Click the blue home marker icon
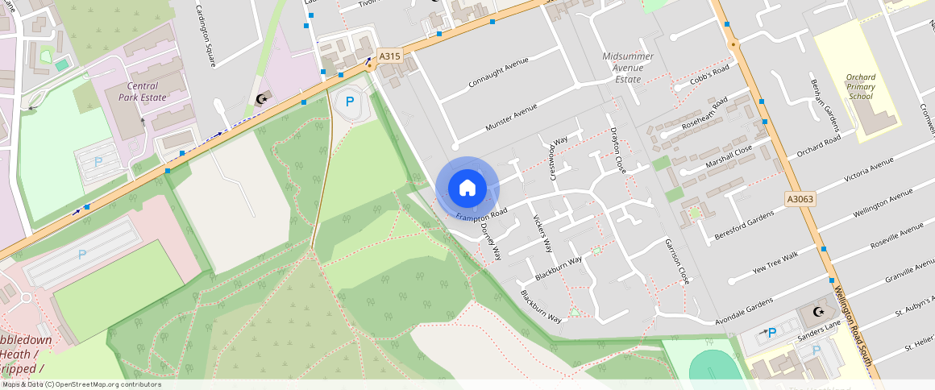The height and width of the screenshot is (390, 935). coord(467,189)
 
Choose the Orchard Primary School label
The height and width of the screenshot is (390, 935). coord(860,87)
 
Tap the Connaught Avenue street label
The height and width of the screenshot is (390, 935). coord(498,73)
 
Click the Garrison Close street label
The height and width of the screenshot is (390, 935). coord(677,261)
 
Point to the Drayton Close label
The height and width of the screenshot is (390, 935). coord(617,151)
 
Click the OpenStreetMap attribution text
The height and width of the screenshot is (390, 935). coord(81,384)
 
